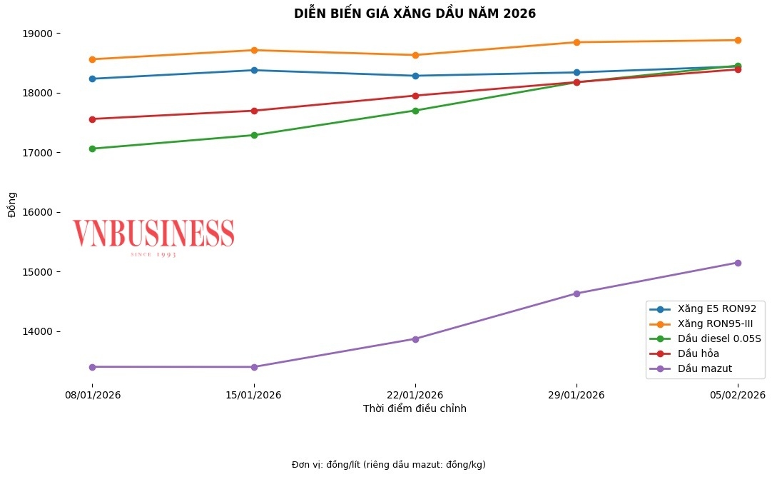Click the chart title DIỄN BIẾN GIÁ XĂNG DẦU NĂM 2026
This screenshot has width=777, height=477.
point(415,14)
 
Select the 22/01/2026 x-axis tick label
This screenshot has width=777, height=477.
point(415,395)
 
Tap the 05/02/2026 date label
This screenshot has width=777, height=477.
point(737,395)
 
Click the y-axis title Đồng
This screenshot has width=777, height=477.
point(11,206)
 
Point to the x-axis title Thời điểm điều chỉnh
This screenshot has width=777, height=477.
point(415,409)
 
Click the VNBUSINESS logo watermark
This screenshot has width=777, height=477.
point(153,236)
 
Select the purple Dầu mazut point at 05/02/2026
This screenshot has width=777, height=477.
point(738,263)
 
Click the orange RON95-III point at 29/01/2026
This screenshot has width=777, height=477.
point(577,42)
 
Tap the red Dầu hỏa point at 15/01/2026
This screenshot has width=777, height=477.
point(254,111)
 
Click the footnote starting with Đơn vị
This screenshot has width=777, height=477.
point(388,465)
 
